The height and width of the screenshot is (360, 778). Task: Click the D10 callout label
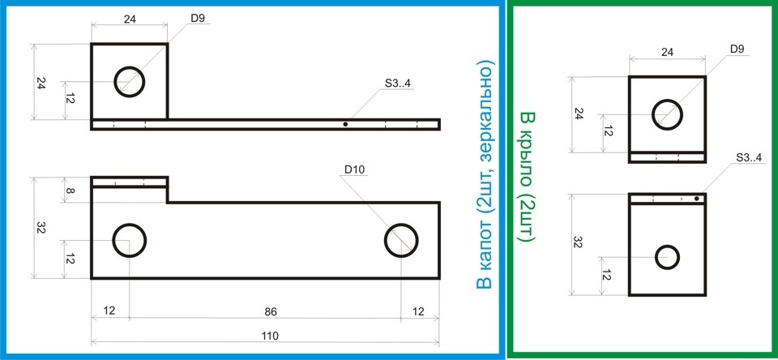point(355,169)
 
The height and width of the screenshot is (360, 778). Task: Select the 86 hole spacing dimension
point(271,311)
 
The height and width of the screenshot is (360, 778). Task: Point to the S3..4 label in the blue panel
point(397,84)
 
